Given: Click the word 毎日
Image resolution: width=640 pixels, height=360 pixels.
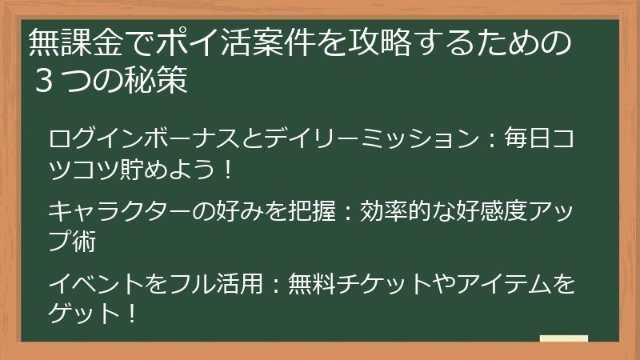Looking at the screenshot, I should (528, 139).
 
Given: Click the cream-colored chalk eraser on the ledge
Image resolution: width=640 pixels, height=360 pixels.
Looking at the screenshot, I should (563, 338).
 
